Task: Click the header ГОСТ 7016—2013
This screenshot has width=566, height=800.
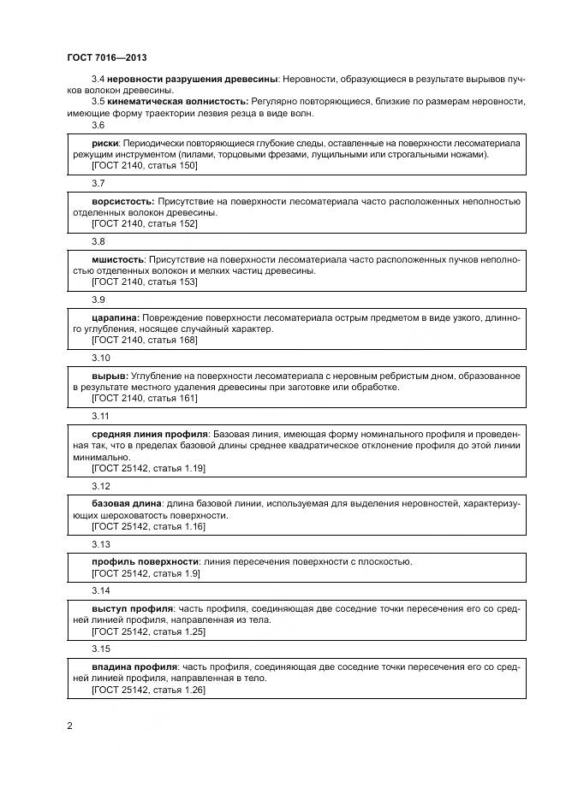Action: click(107, 57)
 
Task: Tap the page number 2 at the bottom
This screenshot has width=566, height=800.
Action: click(70, 726)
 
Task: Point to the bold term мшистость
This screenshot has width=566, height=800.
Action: click(118, 259)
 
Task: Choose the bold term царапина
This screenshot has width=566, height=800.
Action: click(115, 317)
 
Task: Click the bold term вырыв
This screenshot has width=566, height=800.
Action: click(109, 376)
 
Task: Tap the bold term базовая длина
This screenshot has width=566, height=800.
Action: click(126, 504)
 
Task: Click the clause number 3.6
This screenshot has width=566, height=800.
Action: click(98, 126)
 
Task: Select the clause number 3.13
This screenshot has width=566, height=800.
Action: click(100, 544)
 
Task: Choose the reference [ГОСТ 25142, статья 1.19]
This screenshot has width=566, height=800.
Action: click(148, 469)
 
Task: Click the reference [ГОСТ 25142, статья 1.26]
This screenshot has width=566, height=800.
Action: click(148, 690)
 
